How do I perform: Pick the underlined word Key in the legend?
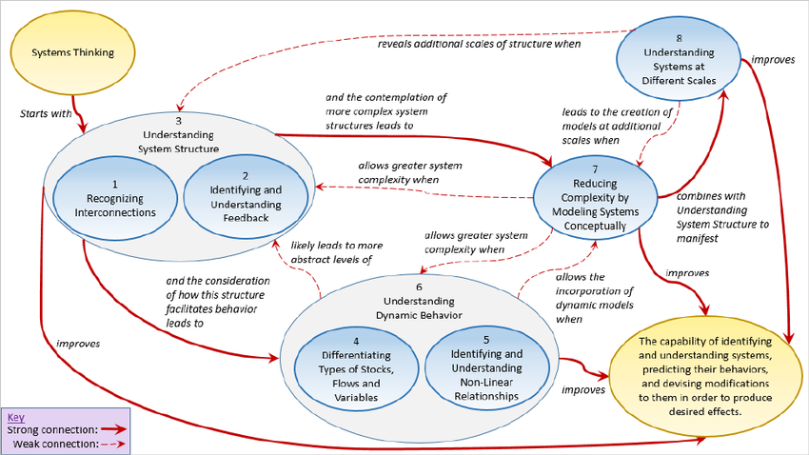[x=16, y=417]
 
